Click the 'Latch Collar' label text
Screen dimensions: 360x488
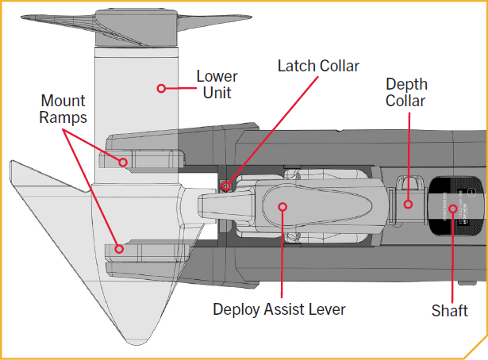[x=317, y=65]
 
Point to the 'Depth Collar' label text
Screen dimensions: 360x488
[x=405, y=92]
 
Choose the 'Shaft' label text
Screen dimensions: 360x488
[x=449, y=311]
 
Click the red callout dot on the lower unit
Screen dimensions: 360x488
[x=161, y=88]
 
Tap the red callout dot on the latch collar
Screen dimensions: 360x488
[x=227, y=186]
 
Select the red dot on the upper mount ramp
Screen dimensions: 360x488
[x=123, y=162]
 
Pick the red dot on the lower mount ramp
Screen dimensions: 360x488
[x=118, y=248]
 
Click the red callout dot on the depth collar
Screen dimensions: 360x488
[x=409, y=204]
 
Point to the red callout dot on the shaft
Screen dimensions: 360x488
[x=453, y=209]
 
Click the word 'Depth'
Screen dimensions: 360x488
[x=405, y=83]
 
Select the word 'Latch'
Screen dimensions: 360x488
[x=295, y=65]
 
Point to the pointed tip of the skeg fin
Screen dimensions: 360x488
[x=11, y=163]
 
